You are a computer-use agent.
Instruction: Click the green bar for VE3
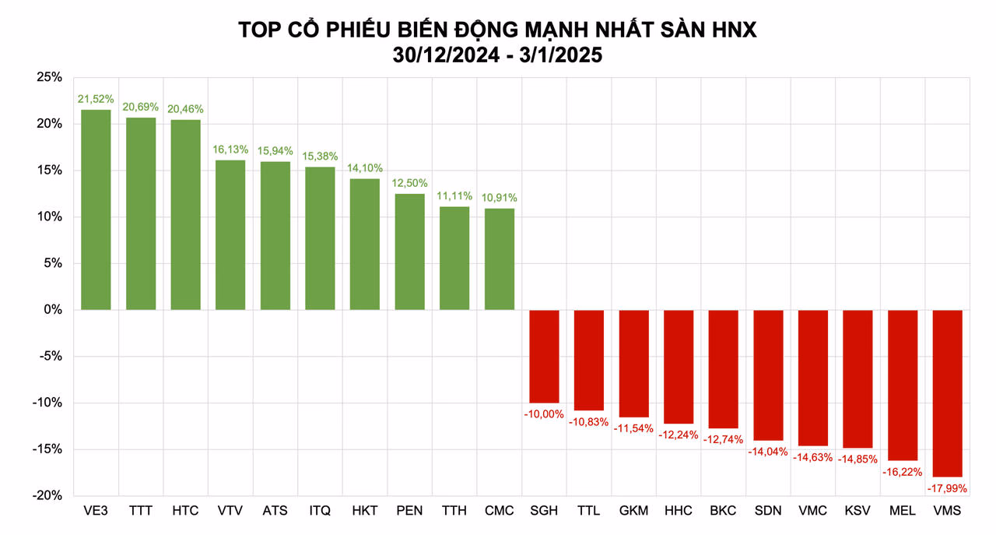[96, 209]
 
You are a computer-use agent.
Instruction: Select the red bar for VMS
[947, 393]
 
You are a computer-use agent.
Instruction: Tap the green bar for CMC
[500, 259]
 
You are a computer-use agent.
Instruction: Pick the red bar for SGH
[544, 357]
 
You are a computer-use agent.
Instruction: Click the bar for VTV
[230, 235]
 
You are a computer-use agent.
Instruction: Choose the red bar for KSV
[857, 379]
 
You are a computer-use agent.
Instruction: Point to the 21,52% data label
[96, 99]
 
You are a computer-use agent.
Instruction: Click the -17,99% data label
[947, 489]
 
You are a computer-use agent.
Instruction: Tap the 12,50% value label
[409, 183]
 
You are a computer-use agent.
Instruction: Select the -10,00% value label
[544, 414]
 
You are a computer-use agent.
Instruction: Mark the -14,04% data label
[768, 452]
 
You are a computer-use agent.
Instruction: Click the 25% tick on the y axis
[49, 77]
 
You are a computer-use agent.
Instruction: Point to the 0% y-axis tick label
[53, 310]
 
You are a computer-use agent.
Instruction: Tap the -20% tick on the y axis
[47, 495]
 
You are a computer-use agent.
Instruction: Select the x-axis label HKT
[365, 511]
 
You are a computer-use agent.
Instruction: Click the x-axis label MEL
[902, 511]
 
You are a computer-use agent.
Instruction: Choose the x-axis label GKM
[633, 511]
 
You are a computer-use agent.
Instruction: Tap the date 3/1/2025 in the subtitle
[561, 55]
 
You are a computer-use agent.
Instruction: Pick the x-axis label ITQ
[320, 511]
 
